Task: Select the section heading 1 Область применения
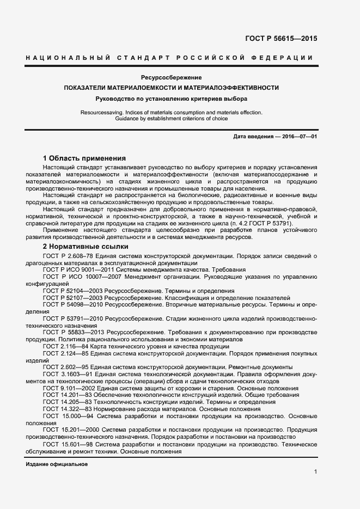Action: [84, 158]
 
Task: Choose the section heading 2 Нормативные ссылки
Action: [86, 247]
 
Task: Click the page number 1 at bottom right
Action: [315, 471]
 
